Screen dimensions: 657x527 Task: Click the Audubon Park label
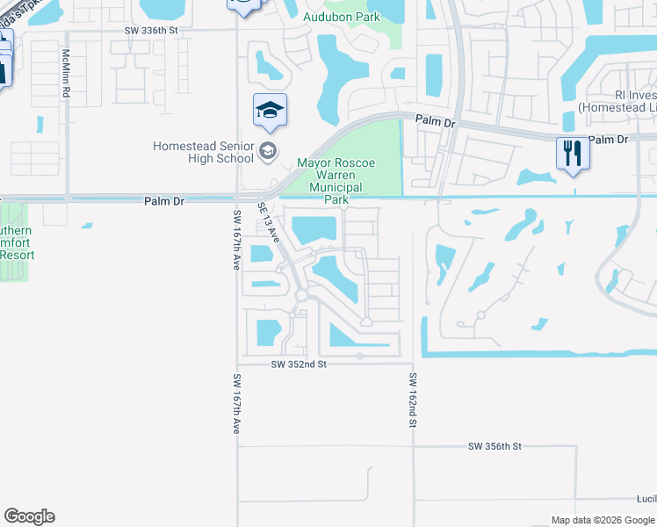[342, 18]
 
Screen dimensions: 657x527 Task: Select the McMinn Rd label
[66, 67]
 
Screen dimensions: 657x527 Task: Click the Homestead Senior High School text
[204, 152]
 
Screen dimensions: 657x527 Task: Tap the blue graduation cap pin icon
[270, 111]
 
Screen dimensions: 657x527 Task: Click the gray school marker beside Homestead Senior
[268, 152]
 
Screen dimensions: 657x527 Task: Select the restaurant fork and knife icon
[572, 154]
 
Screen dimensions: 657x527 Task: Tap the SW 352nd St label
[299, 364]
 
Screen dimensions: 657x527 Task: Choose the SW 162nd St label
[412, 400]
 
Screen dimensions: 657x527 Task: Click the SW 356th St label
[495, 446]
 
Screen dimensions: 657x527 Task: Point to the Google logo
[29, 516]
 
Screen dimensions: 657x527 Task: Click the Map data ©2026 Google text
[603, 520]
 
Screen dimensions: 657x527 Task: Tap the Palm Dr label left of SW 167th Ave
[164, 201]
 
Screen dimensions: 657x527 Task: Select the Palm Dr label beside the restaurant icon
[610, 140]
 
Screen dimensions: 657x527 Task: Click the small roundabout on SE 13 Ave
[301, 296]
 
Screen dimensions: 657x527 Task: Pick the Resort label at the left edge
[16, 255]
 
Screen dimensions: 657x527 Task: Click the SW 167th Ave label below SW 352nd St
[236, 404]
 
